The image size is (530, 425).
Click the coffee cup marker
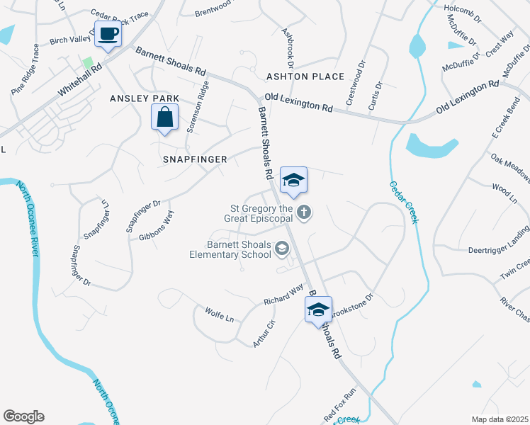[108, 35]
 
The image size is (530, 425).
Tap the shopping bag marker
[164, 117]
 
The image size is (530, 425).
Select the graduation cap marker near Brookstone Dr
[318, 309]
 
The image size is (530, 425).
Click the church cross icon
[304, 212]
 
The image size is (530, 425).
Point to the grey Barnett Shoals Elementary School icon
[282, 247]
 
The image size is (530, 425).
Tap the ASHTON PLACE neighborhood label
[305, 76]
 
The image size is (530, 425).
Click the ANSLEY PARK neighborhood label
[145, 98]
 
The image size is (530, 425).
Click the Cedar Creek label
[402, 202]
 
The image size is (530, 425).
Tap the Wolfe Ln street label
[219, 314]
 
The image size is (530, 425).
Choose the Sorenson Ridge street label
[198, 107]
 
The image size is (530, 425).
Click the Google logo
[23, 416]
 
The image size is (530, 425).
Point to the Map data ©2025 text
[500, 419]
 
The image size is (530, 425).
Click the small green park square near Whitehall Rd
[89, 63]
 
